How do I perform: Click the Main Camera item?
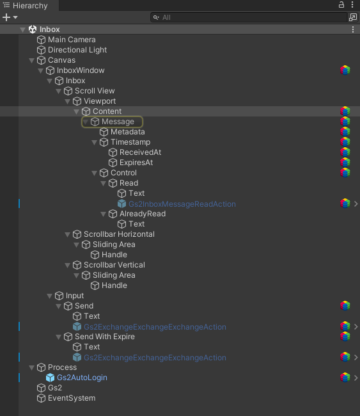click(72, 40)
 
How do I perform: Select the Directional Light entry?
click(77, 50)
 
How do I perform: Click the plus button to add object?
click(6, 17)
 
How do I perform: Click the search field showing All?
click(249, 17)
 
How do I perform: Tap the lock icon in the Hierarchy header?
click(341, 4)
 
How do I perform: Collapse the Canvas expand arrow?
click(32, 61)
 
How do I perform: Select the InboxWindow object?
click(81, 70)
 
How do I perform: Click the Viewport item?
click(100, 101)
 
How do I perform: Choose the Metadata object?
click(128, 132)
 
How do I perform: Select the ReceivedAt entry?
click(140, 152)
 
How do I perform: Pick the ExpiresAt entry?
click(136, 163)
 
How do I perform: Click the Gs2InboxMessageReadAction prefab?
click(182, 204)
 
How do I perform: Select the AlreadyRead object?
click(143, 214)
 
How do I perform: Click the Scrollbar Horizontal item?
click(119, 234)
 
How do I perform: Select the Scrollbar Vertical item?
click(114, 265)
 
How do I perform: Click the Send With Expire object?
click(104, 337)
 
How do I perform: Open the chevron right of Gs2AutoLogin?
click(356, 378)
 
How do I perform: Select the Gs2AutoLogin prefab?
click(82, 378)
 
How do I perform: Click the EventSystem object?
click(72, 398)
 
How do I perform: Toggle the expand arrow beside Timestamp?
click(95, 143)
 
